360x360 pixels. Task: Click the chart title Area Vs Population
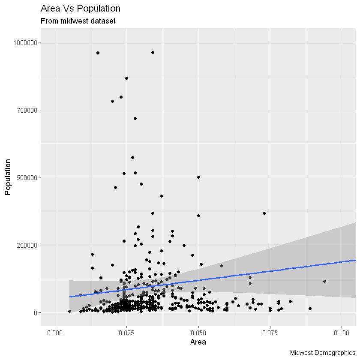point(81,9)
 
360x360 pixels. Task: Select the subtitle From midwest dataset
point(78,21)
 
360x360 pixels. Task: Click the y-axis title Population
point(7,177)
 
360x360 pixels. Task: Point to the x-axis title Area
point(198,342)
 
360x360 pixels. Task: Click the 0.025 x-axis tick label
point(126,333)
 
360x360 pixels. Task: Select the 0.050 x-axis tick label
point(198,333)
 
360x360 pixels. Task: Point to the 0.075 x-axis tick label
point(270,333)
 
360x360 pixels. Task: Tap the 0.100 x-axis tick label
point(342,333)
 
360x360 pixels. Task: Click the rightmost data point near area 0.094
point(324,281)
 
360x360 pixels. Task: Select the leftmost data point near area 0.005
point(69,311)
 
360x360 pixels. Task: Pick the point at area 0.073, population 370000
point(264,213)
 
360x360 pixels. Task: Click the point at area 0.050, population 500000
point(198,177)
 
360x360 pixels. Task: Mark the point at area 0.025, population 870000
point(126,78)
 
